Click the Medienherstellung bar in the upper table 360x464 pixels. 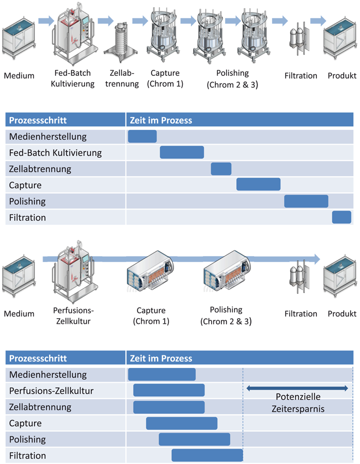point(142,136)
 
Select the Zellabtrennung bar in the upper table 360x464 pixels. point(221,169)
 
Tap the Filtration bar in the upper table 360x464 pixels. point(341,217)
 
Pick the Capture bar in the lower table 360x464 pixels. point(182,423)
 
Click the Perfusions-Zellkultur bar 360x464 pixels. point(169,390)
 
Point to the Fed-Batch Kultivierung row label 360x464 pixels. point(55,153)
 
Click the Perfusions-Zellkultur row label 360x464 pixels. point(51,391)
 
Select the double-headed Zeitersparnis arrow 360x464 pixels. point(297,388)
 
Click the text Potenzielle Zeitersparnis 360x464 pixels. point(298,403)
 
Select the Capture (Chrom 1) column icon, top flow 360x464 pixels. point(164,35)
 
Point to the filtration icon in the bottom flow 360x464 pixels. point(299,277)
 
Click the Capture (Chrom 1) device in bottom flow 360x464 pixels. point(150,271)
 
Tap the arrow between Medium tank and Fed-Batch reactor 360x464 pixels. point(46,21)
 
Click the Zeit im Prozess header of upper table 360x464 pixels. point(161,121)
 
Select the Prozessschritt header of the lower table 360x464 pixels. point(38,358)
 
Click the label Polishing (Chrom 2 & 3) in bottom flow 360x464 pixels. point(226,316)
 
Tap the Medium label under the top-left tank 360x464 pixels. point(19,76)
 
